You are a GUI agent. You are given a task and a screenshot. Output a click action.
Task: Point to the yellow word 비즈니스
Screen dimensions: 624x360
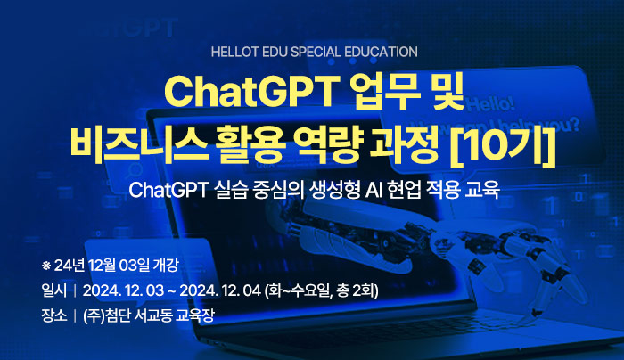point(139,143)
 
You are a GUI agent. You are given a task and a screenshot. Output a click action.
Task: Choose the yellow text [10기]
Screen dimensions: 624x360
point(503,144)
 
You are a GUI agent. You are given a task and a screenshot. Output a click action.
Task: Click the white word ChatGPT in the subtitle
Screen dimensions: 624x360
point(168,190)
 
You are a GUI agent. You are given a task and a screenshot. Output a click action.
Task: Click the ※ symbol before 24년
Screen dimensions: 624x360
point(46,266)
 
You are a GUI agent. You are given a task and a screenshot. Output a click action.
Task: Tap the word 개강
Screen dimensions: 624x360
point(166,266)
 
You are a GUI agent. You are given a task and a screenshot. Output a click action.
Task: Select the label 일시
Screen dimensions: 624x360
point(54,290)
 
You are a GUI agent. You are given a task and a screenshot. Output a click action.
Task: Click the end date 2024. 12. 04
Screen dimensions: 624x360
point(220,290)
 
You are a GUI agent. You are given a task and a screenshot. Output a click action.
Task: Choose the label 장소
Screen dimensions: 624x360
point(54,315)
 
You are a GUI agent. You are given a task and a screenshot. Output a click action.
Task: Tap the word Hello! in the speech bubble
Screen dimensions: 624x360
point(490,104)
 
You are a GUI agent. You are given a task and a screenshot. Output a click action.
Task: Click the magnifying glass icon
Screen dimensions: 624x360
point(133,172)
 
